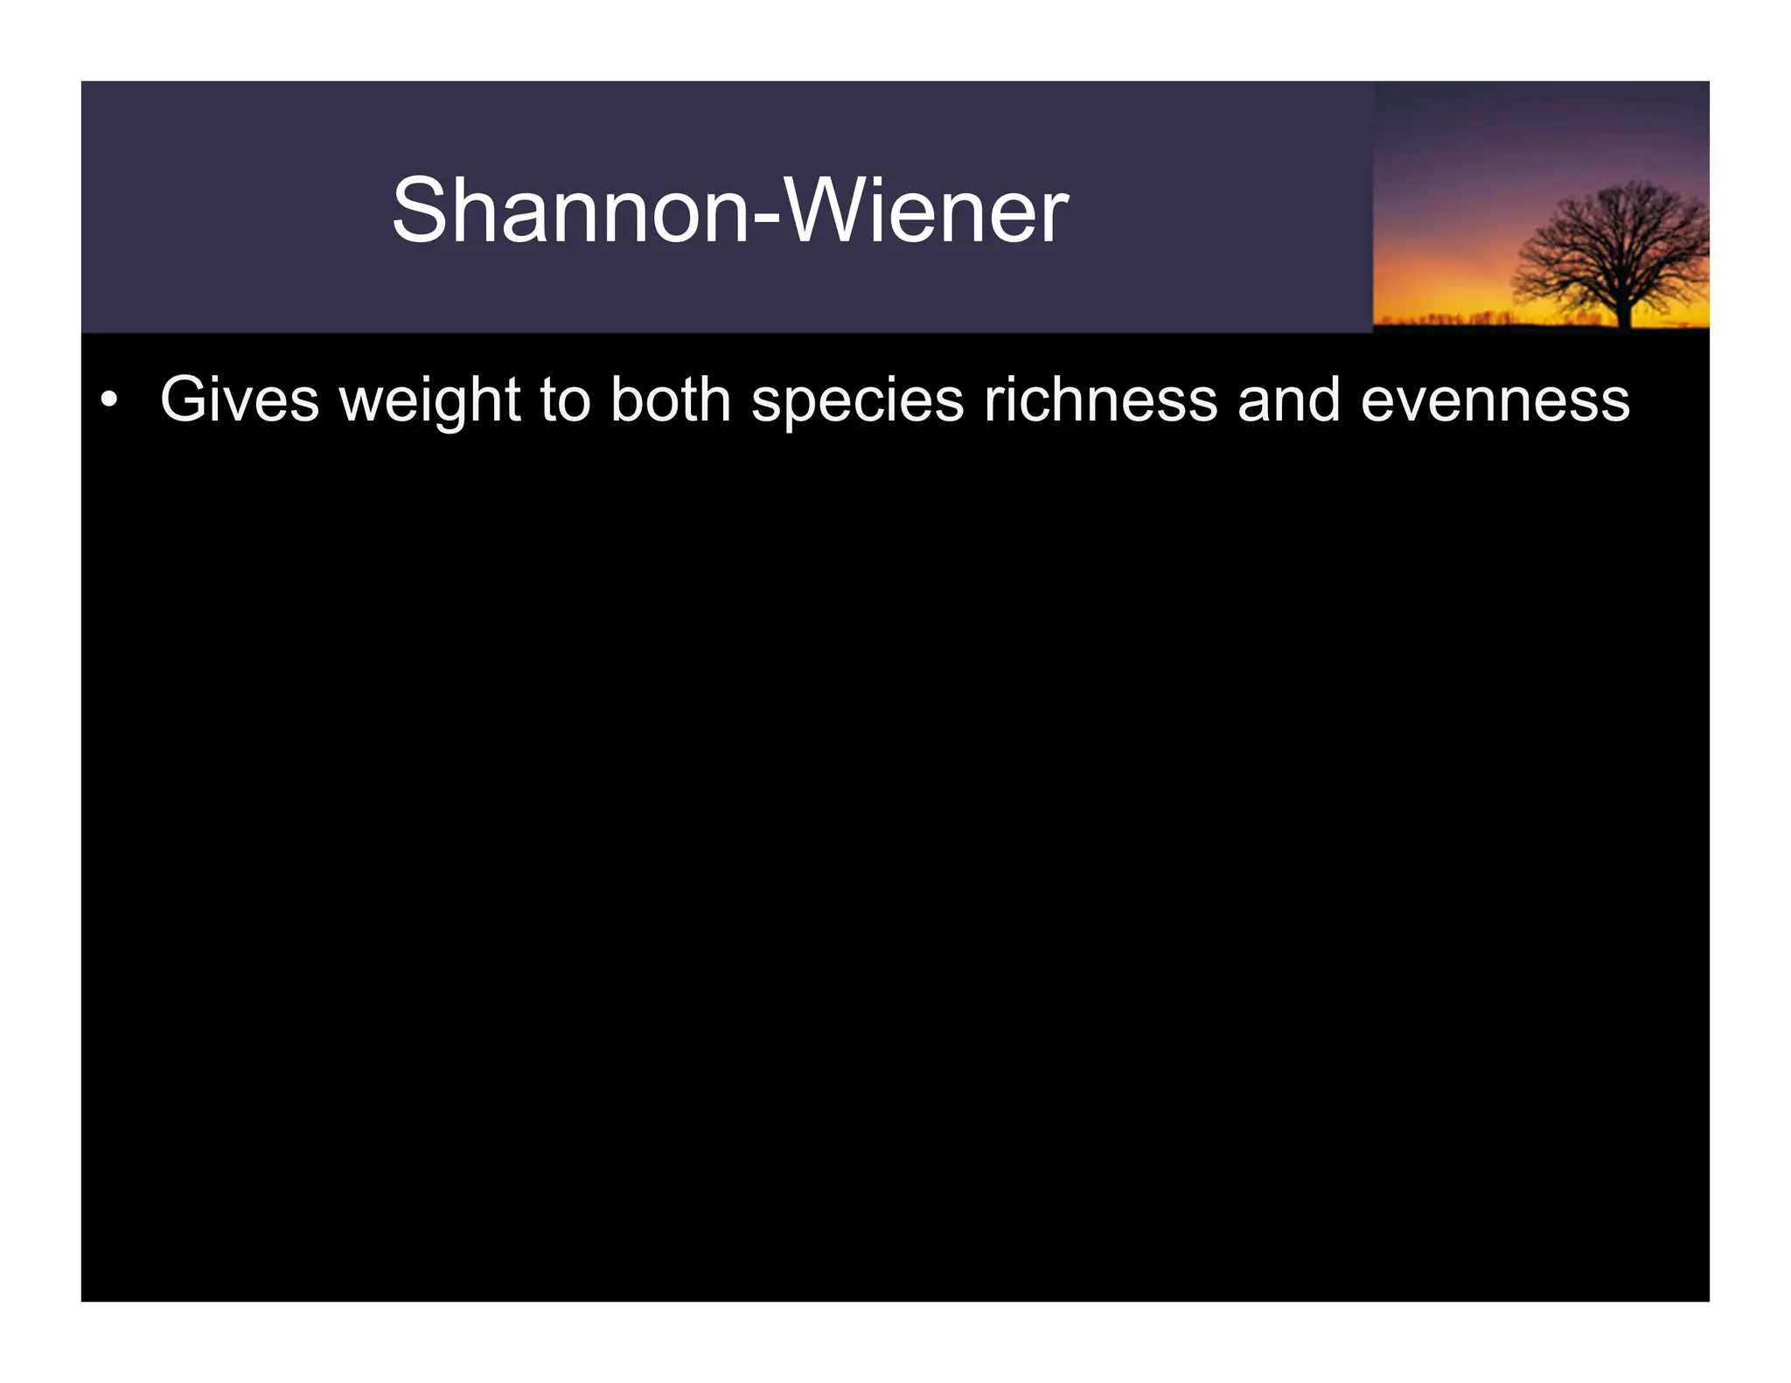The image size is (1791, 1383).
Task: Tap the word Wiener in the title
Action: [927, 211]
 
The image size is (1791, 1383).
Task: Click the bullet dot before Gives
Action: [108, 401]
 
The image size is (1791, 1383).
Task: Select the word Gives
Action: [240, 400]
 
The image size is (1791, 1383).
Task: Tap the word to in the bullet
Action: [565, 400]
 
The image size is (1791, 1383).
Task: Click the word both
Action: [671, 400]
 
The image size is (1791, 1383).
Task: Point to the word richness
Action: [1100, 400]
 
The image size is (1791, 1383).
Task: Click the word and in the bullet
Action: [1288, 400]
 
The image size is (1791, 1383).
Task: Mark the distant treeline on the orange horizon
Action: [1469, 317]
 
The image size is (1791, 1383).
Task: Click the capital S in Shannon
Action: [420, 211]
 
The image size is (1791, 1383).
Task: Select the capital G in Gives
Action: [185, 400]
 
